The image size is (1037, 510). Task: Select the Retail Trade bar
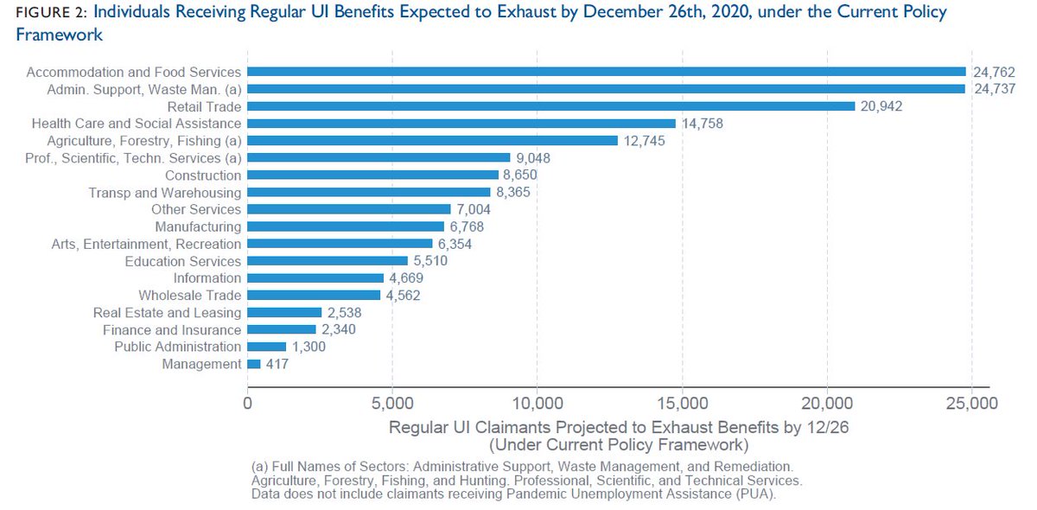[x=551, y=106]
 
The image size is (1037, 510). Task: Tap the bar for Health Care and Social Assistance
[x=461, y=124]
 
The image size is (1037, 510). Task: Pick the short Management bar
[x=254, y=365]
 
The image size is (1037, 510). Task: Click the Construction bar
[x=373, y=175]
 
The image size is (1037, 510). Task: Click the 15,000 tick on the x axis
[x=683, y=404]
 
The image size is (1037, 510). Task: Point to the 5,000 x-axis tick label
[x=392, y=404]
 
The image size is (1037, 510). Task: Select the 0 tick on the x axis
[x=248, y=404]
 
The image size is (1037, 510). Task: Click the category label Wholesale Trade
[x=190, y=296]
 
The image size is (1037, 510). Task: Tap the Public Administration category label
[x=178, y=347]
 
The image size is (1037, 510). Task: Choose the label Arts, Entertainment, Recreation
[x=146, y=244]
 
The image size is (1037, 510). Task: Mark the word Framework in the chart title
[x=60, y=35]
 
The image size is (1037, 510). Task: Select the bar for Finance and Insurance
[x=282, y=330]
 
